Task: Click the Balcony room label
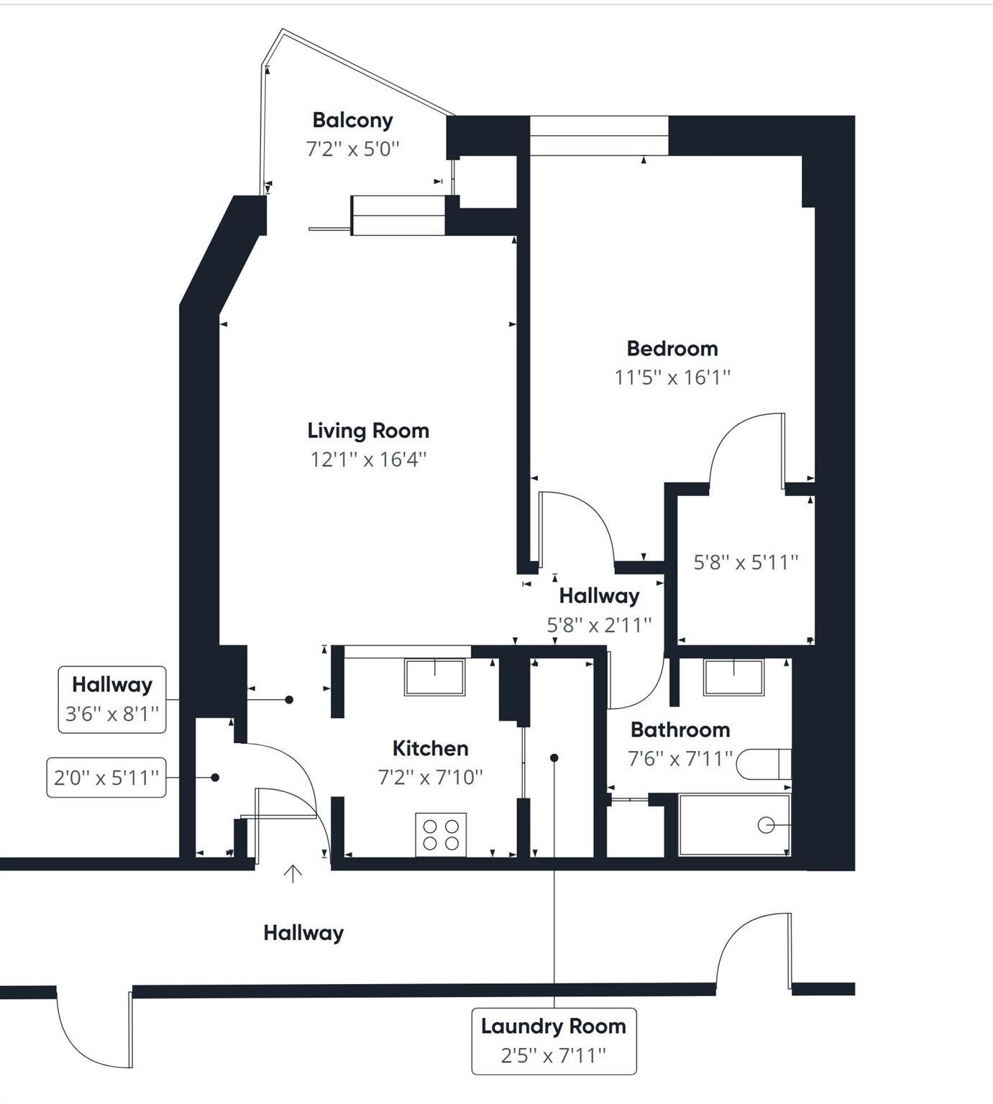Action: (x=352, y=120)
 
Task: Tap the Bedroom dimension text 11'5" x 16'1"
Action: (x=672, y=377)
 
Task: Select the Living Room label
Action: (x=368, y=431)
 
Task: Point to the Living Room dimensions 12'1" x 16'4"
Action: (x=368, y=459)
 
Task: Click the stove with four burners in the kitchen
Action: (x=441, y=834)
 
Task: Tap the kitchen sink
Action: (x=434, y=677)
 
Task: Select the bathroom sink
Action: (x=733, y=677)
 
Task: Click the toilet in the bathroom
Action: (x=764, y=764)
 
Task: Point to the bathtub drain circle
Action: (x=767, y=825)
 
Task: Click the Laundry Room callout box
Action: (x=554, y=1041)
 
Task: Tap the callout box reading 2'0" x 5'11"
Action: (x=106, y=777)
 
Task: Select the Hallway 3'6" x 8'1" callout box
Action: (x=112, y=699)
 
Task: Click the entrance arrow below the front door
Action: (x=293, y=873)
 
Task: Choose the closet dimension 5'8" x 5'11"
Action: (x=746, y=562)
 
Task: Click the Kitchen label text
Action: (x=430, y=748)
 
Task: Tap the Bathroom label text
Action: (x=680, y=730)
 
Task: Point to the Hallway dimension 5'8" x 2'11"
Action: (x=599, y=625)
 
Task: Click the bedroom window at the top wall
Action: (x=599, y=135)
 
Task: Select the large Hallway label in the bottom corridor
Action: (x=303, y=933)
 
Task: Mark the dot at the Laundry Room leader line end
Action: (x=554, y=758)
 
